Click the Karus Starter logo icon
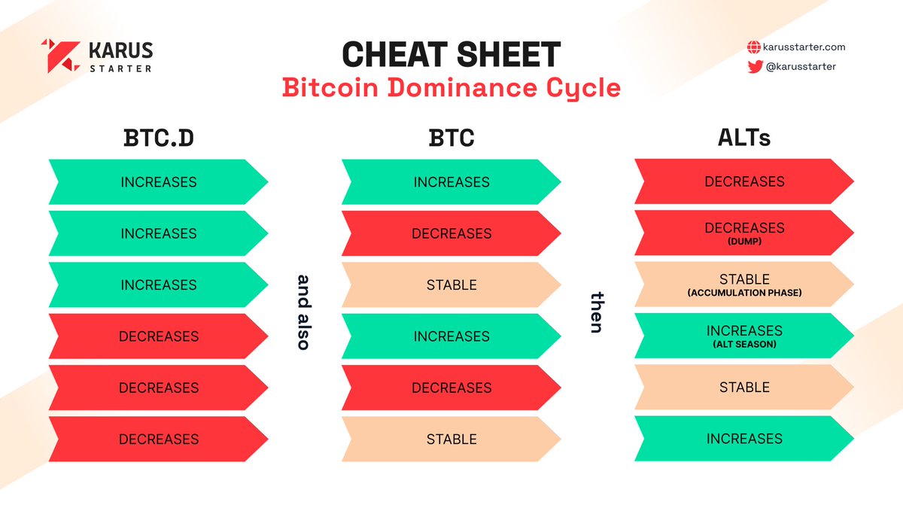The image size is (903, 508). click(x=60, y=56)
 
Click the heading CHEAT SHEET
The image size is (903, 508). click(x=451, y=54)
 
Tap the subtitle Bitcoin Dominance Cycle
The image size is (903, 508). click(x=451, y=88)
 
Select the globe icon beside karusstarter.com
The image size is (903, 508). click(x=753, y=47)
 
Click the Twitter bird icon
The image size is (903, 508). click(x=754, y=66)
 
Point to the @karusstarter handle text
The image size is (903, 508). click(x=801, y=66)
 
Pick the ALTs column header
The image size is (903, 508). click(x=744, y=139)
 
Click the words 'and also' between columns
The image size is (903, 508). click(x=303, y=312)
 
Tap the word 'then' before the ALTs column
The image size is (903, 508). click(x=597, y=312)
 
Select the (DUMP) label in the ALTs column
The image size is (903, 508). click(x=744, y=242)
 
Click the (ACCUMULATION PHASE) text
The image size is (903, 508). click(x=744, y=293)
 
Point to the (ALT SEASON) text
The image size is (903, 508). click(x=744, y=344)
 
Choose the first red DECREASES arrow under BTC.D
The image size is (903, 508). click(x=158, y=336)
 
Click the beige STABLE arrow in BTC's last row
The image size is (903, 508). click(x=451, y=439)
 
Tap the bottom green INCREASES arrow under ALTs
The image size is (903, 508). click(x=744, y=439)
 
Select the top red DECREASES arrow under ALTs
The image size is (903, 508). click(x=744, y=182)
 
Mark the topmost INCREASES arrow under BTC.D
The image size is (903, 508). click(x=158, y=182)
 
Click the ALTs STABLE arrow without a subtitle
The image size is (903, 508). click(x=744, y=388)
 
